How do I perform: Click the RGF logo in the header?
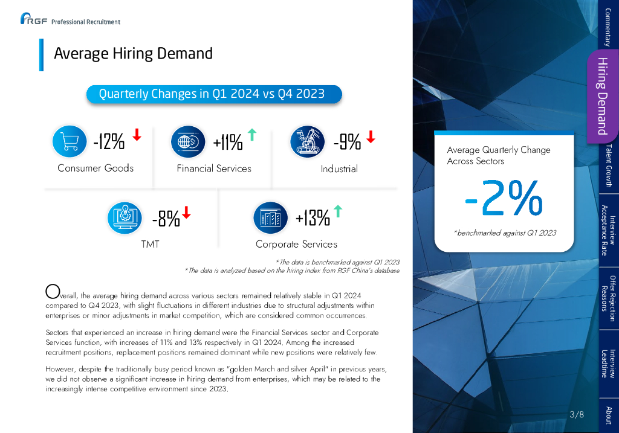34,21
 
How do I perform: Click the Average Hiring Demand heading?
133,54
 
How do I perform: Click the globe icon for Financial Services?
186,142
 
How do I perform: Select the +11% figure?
228,143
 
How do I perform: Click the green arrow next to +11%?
252,135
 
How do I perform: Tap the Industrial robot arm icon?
306,141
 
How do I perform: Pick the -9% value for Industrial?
347,142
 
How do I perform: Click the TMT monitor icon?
124,217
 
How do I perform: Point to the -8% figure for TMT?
166,219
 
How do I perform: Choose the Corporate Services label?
296,245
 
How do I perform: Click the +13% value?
313,217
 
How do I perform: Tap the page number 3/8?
577,414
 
